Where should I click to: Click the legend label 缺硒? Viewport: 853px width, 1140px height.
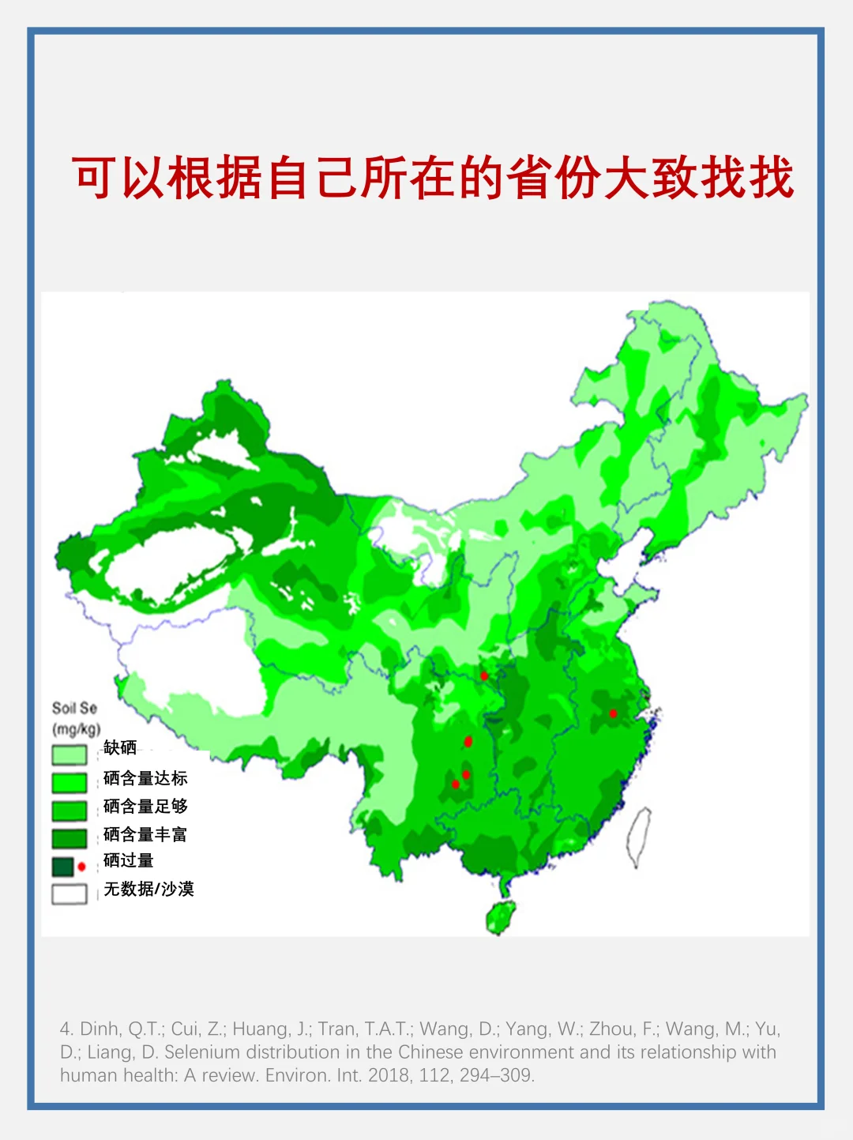(x=120, y=747)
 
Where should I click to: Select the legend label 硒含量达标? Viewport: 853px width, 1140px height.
(x=145, y=778)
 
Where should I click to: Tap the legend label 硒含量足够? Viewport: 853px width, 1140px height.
(x=145, y=807)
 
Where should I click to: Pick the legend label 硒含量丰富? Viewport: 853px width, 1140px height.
(x=145, y=834)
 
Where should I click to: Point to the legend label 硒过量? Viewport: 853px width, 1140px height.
(x=129, y=861)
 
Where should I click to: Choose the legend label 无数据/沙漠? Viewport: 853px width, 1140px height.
(x=149, y=890)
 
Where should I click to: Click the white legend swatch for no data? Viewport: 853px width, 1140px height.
(x=70, y=894)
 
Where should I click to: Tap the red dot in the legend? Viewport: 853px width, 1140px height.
(x=81, y=867)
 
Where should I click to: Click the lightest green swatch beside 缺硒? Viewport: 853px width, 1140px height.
(x=70, y=754)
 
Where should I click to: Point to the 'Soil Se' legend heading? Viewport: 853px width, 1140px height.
(x=74, y=708)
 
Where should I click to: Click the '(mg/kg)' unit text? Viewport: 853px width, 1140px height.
(x=76, y=728)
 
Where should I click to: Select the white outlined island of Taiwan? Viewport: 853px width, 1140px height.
(x=638, y=837)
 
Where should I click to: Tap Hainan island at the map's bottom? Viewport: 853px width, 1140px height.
(x=501, y=916)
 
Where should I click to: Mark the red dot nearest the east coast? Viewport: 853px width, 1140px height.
(x=613, y=713)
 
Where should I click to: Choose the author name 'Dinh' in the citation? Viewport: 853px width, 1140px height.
(x=100, y=1029)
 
